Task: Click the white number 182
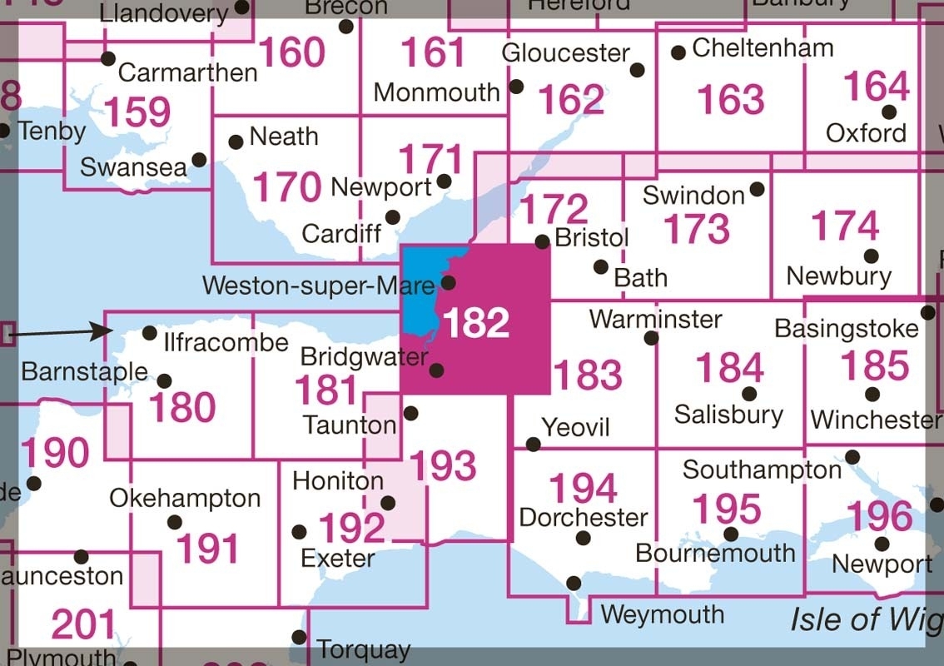point(476,323)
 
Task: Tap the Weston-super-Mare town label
point(318,286)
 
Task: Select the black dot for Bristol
point(542,241)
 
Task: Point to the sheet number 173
point(698,230)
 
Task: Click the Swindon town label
point(694,196)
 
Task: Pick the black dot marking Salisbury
point(749,393)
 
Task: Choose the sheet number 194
point(584,489)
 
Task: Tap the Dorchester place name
point(583,517)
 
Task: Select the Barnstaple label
point(84,371)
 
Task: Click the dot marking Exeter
point(300,531)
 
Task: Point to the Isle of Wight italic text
point(866,619)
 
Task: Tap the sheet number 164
point(877,87)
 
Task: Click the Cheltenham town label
point(763,47)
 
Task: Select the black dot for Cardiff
point(393,217)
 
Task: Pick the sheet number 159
point(138,112)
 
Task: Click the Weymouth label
point(662,614)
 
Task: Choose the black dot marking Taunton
point(411,413)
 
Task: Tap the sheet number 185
point(875,366)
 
